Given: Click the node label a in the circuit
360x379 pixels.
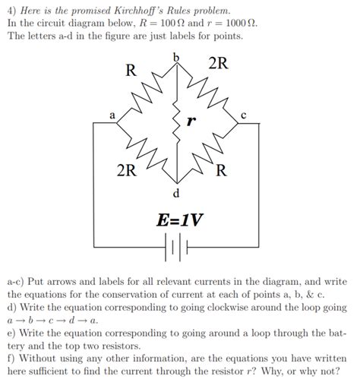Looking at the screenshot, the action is (112, 115).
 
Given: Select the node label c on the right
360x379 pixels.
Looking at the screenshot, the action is (242, 115).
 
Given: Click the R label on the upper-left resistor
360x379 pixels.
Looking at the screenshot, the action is (131, 71).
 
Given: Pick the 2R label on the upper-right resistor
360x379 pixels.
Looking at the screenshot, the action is (218, 63).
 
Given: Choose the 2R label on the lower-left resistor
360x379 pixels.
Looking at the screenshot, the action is (126, 170).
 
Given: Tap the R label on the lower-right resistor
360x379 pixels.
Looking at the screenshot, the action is (219, 169).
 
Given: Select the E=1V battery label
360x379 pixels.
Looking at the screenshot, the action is (179, 220).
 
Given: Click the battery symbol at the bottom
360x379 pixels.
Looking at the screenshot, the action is (176, 245).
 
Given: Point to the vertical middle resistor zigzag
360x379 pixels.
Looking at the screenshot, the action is (177, 125).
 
